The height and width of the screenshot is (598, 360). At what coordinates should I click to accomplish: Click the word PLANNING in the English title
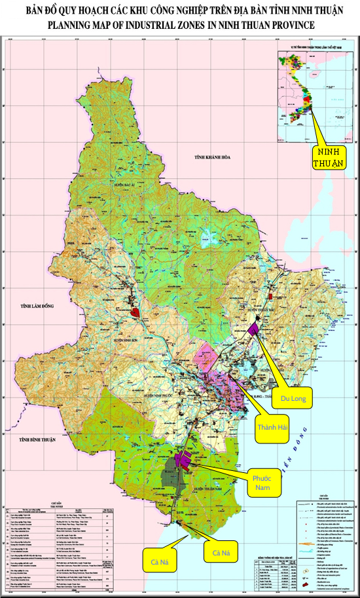(70, 24)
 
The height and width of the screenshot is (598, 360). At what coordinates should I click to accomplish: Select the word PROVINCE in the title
(291, 24)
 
